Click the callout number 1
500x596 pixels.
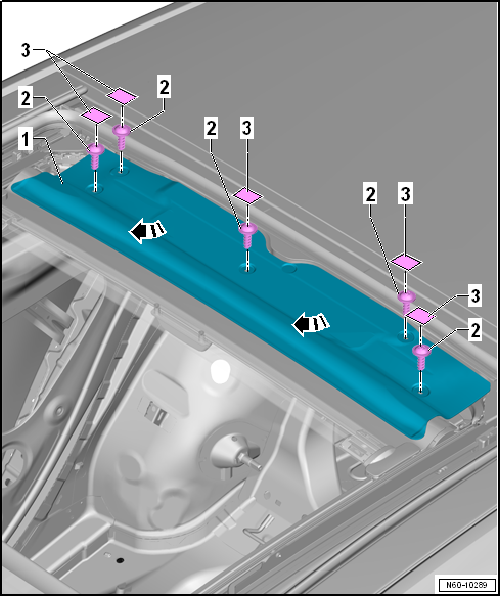25,140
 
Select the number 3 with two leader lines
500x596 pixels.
25,50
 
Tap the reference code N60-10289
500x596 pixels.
467,585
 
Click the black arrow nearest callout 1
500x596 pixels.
148,231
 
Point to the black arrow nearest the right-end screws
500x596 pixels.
310,324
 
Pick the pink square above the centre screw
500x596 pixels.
248,196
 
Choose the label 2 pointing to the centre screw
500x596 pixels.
211,129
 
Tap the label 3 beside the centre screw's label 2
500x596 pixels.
247,129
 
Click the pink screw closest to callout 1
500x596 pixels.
96,155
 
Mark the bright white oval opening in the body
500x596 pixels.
220,371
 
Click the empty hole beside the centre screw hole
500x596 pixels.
289,268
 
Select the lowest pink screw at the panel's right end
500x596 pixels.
421,357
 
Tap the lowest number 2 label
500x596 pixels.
475,330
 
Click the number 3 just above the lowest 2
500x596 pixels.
475,296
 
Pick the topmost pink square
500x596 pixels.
122,96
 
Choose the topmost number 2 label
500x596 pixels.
164,87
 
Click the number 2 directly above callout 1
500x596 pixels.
25,99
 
